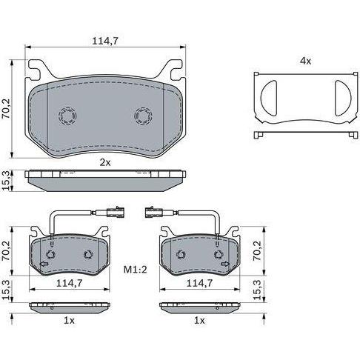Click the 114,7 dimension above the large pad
pyautogui.click(x=105, y=41)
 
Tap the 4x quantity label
pyautogui.click(x=305, y=61)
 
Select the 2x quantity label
pyautogui.click(x=105, y=162)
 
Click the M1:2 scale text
pyautogui.click(x=135, y=269)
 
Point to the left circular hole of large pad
pyautogui.click(x=67, y=116)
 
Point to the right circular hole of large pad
pyautogui.click(x=143, y=116)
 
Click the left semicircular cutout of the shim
pyautogui.click(x=269, y=98)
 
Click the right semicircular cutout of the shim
pyautogui.click(x=343, y=98)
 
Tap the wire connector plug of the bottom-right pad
pyautogui.click(x=154, y=213)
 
